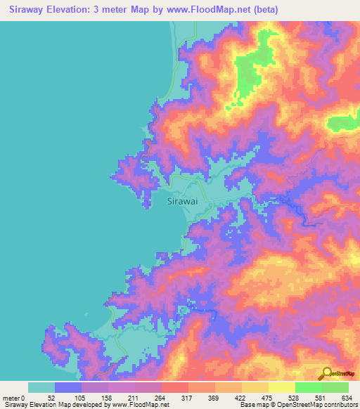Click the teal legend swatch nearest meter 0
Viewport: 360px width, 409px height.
click(x=41, y=387)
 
